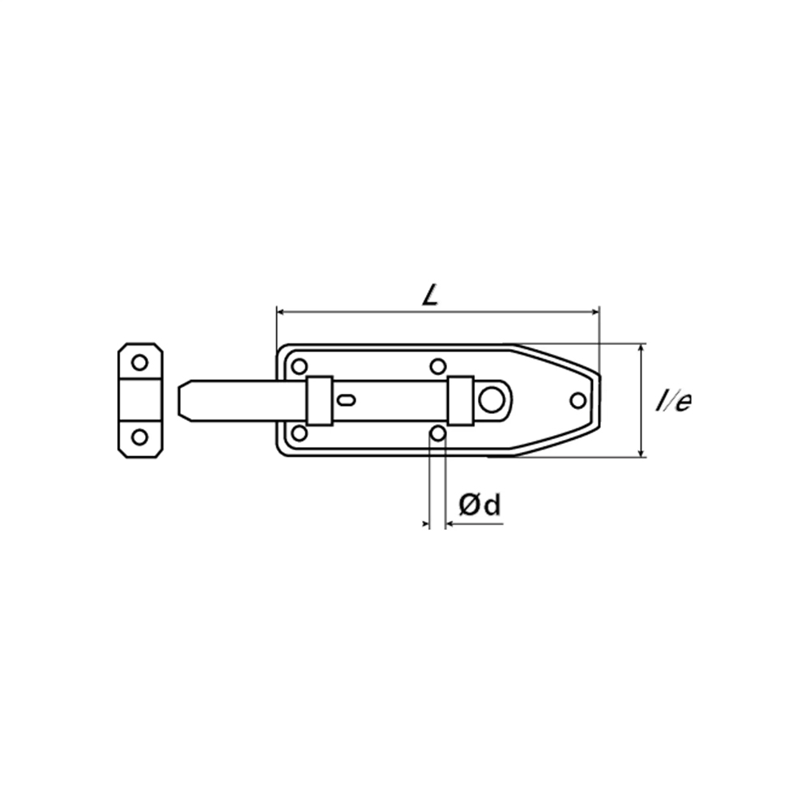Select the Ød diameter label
coord(480,505)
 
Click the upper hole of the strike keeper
coord(139,362)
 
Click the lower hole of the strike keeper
coord(139,437)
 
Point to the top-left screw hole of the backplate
coord(299,367)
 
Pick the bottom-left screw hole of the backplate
coord(299,433)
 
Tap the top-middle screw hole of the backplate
coord(438,367)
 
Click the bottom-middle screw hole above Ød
coord(438,433)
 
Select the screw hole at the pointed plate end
coord(578,400)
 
